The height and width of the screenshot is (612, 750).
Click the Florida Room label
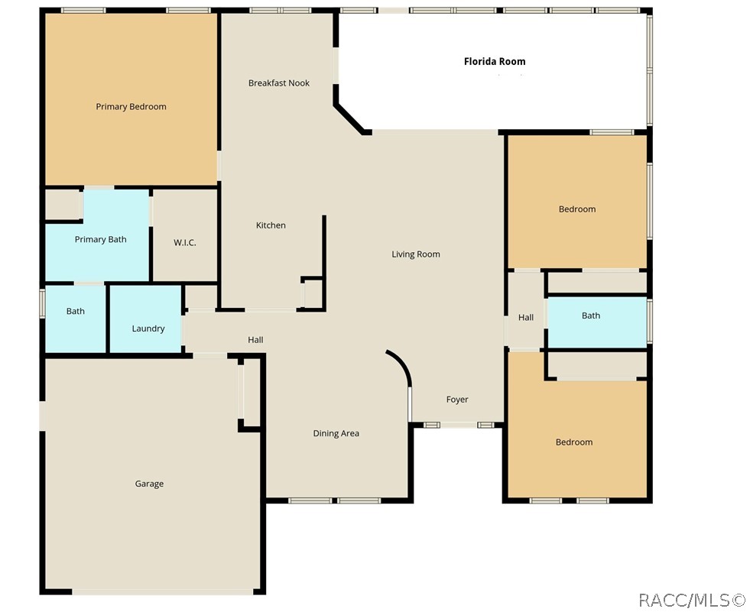click(495, 61)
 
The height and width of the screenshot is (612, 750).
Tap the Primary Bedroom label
click(131, 107)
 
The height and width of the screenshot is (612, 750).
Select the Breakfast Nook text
click(279, 83)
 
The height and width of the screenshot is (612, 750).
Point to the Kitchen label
click(271, 225)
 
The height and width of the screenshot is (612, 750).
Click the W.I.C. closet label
click(184, 242)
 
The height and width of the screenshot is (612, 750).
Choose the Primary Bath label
click(100, 240)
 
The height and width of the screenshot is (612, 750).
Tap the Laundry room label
click(148, 329)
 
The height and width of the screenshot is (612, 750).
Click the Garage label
click(149, 484)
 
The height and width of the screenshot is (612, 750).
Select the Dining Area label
click(336, 434)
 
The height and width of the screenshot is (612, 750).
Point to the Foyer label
click(457, 400)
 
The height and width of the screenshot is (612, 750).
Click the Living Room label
click(416, 254)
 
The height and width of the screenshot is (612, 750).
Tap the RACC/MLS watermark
click(692, 600)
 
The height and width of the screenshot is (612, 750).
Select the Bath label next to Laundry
click(75, 311)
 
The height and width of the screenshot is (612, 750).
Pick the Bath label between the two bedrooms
click(591, 316)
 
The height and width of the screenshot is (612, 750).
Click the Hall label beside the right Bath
click(526, 318)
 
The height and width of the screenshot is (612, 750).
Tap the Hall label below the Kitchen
click(255, 340)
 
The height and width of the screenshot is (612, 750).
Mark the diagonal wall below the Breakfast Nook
click(350, 118)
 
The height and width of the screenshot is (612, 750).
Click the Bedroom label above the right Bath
click(577, 209)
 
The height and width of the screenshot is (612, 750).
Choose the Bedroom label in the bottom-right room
click(574, 442)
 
